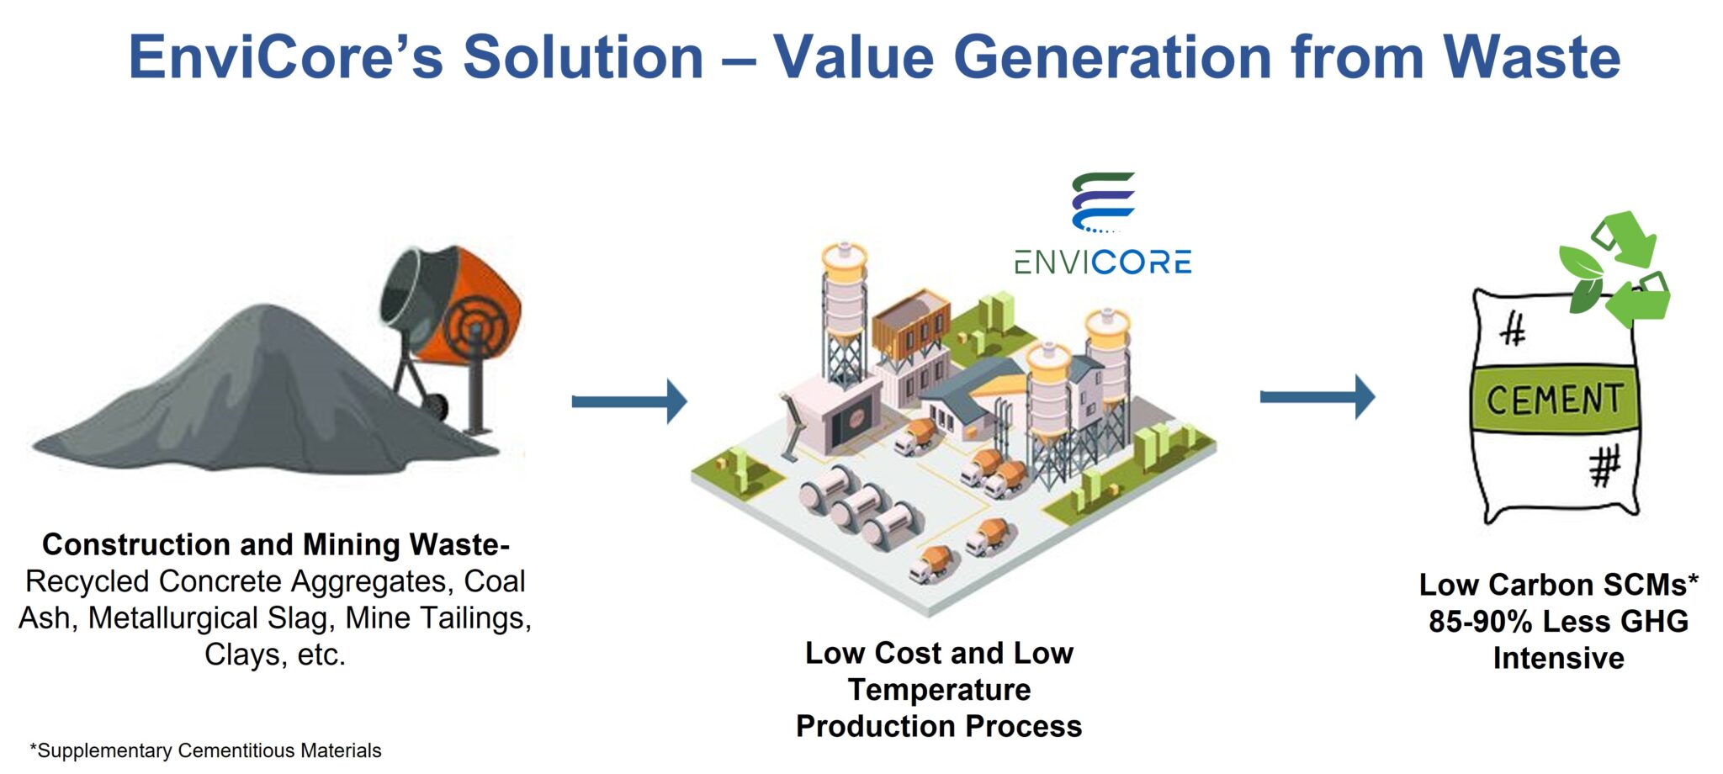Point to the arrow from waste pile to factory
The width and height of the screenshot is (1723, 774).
pyautogui.click(x=628, y=400)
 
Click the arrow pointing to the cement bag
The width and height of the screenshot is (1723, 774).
pyautogui.click(x=1317, y=396)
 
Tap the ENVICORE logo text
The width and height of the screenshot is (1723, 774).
pyautogui.click(x=1102, y=262)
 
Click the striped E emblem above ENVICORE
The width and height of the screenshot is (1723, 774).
pyautogui.click(x=1103, y=202)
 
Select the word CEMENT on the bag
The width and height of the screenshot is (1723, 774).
pyautogui.click(x=1553, y=399)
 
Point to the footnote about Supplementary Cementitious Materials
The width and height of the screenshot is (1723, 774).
pyautogui.click(x=205, y=750)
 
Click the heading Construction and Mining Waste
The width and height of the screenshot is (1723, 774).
pyautogui.click(x=275, y=544)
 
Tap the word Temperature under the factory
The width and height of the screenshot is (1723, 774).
pyautogui.click(x=939, y=690)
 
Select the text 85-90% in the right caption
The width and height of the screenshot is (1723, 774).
pyautogui.click(x=1480, y=622)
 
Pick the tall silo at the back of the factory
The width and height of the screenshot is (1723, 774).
pyautogui.click(x=844, y=311)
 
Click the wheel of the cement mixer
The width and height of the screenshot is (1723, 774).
pyautogui.click(x=436, y=407)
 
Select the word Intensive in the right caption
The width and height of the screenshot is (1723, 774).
pyautogui.click(x=1558, y=658)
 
